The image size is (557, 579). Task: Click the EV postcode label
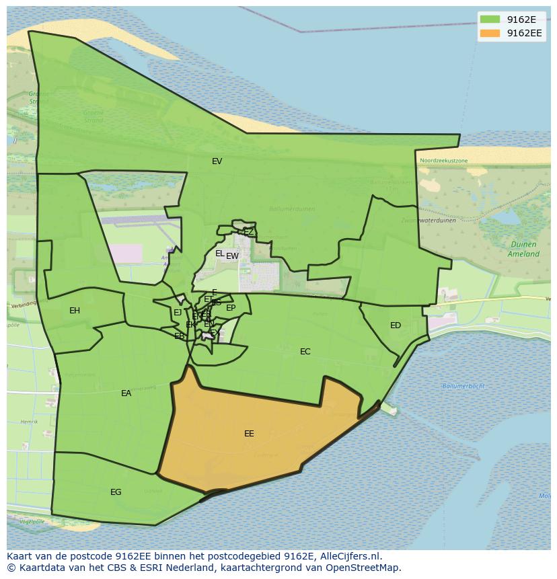[x=217, y=161]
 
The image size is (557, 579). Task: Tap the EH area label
[x=75, y=311]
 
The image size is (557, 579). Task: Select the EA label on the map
[x=126, y=393]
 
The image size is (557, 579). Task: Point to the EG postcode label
[x=116, y=492]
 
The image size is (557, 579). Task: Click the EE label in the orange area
[x=249, y=434]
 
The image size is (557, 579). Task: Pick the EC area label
[x=305, y=352]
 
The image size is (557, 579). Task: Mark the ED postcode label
[x=396, y=325]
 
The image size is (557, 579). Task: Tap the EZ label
[x=248, y=232]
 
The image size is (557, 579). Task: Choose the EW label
[x=233, y=256]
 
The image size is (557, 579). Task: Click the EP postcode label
[x=231, y=308]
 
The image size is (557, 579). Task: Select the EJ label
[x=178, y=313]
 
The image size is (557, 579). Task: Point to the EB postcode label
[x=179, y=336]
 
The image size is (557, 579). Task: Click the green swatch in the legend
[x=490, y=20]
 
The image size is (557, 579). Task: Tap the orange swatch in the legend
[x=490, y=33]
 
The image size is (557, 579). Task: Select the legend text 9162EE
[x=524, y=33]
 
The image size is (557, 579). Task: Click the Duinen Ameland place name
[x=523, y=249]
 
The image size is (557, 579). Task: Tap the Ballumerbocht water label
[x=463, y=386]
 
